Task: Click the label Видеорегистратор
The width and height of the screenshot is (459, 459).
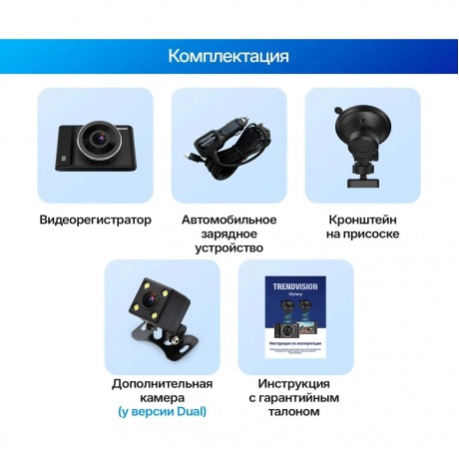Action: (x=96, y=220)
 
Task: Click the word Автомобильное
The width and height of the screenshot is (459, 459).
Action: (x=229, y=219)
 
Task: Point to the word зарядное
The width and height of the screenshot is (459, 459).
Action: (x=229, y=233)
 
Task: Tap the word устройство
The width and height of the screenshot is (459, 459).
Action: (x=229, y=248)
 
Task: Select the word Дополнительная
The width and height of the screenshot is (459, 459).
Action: (x=162, y=384)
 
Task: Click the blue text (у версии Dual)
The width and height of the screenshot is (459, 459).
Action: (x=162, y=413)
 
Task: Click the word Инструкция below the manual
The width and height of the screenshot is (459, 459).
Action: (x=295, y=384)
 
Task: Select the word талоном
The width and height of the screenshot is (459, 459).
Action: (x=295, y=413)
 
